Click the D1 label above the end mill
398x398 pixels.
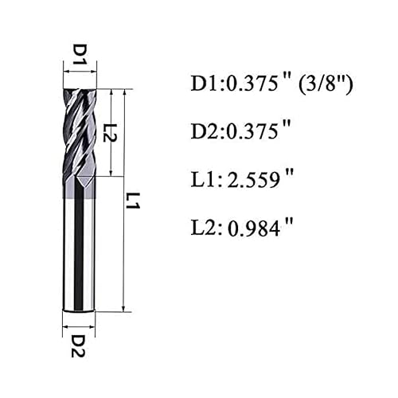tap(80, 55)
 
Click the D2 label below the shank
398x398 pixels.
tap(80, 345)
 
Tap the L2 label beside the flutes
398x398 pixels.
tap(111, 132)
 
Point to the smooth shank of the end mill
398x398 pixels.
tap(80, 247)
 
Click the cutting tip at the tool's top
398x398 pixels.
tap(80, 90)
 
